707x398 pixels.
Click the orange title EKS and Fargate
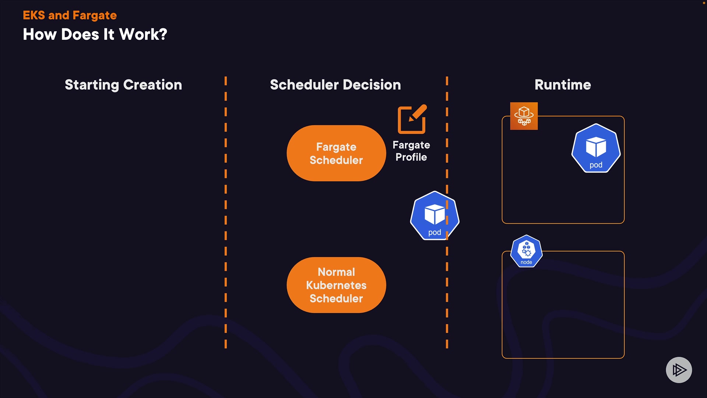(70, 15)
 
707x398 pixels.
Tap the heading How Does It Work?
(95, 35)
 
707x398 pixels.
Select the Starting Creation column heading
(123, 85)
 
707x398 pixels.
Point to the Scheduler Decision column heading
(335, 85)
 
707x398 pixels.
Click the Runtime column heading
(563, 85)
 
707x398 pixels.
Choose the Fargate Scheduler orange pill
(336, 153)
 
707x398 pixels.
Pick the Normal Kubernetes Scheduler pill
(336, 285)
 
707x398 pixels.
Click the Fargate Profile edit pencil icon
(412, 119)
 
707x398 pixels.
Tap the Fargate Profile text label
(411, 151)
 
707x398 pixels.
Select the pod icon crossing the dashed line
(435, 216)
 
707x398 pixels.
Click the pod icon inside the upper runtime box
(596, 149)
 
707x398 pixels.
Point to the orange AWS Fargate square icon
(524, 116)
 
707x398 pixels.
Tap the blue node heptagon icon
(526, 251)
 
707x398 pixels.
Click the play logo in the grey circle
(679, 370)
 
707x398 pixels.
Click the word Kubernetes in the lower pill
(336, 285)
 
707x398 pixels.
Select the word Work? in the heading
(143, 35)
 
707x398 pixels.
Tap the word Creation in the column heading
(152, 85)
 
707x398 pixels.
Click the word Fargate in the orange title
(95, 15)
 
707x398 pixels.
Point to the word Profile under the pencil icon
(411, 157)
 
